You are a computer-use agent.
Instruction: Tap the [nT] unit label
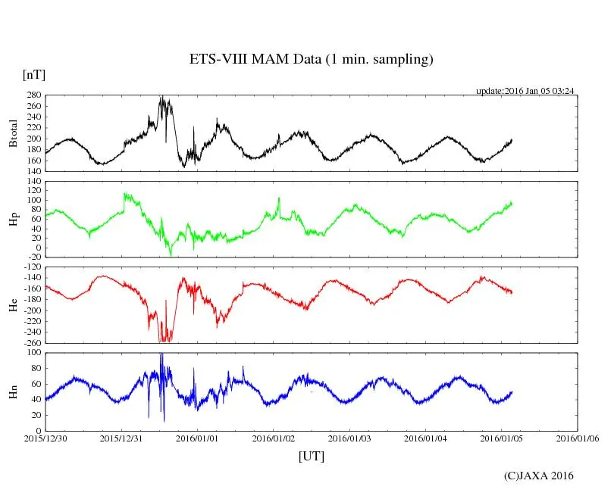(33, 74)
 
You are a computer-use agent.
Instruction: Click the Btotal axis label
(13, 133)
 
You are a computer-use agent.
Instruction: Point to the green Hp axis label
(13, 219)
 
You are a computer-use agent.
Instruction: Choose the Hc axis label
(13, 304)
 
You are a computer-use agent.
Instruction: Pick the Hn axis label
(13, 391)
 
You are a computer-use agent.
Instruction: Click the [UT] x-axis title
(311, 456)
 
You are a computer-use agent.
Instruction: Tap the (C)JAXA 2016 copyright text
(539, 476)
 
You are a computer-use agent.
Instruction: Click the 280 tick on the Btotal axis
(34, 96)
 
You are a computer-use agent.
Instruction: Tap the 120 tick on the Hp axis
(34, 182)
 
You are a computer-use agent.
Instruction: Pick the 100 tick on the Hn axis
(34, 353)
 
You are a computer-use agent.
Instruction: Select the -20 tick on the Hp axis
(34, 257)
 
